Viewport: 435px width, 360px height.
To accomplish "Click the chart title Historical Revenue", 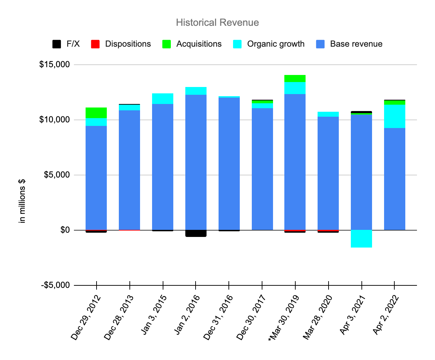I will (217, 23).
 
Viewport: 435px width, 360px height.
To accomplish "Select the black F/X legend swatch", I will (56, 44).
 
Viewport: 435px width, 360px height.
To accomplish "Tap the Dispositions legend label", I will (128, 44).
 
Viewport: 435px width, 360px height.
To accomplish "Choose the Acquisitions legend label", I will (199, 44).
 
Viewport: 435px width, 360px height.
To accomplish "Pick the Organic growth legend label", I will (275, 44).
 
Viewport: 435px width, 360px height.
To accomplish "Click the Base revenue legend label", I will (356, 44).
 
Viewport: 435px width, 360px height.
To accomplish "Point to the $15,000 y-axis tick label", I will (54, 65).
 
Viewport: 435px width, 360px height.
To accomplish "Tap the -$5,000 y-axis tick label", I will (55, 285).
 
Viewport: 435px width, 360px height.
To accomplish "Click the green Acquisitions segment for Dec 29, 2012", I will (96, 112).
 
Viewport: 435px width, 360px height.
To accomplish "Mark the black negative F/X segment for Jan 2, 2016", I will (196, 233).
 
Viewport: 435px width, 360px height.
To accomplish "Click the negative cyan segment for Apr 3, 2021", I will (361, 239).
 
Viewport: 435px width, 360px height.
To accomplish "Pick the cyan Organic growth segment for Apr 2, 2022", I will (395, 116).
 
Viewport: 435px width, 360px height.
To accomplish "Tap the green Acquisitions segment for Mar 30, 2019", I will (295, 78).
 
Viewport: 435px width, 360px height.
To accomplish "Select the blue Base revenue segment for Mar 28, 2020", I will (328, 173).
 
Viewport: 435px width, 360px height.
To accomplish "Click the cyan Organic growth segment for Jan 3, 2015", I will (163, 99).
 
